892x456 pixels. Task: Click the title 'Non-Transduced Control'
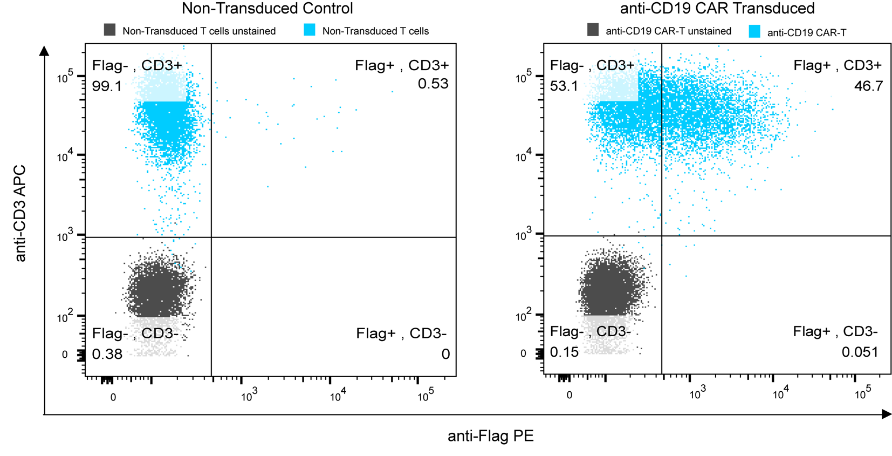pos(267,9)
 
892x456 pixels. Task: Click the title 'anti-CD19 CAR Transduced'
pos(717,9)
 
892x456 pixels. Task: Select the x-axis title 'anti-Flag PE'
pos(490,436)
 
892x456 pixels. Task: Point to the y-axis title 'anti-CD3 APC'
pos(20,214)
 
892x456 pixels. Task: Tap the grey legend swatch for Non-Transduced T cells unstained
pos(109,30)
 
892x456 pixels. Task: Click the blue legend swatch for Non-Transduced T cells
pos(310,30)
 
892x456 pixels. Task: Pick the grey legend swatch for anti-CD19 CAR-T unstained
pos(593,30)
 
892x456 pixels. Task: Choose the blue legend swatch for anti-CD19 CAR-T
pos(754,32)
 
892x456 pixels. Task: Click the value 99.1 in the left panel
pos(107,86)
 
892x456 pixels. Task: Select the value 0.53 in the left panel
pos(433,84)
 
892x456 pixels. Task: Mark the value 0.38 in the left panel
pos(107,354)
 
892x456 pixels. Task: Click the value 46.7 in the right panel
pos(868,86)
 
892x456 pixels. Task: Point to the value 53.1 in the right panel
pos(564,86)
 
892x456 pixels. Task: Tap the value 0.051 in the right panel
pos(860,352)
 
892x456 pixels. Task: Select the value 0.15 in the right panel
pos(564,352)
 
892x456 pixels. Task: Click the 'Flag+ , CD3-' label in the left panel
pos(401,334)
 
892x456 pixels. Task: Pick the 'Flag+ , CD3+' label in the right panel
pos(838,65)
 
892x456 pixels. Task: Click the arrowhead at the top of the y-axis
pos(44,51)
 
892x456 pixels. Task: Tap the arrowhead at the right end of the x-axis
pos(886,414)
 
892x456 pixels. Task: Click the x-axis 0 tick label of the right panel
pos(569,395)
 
